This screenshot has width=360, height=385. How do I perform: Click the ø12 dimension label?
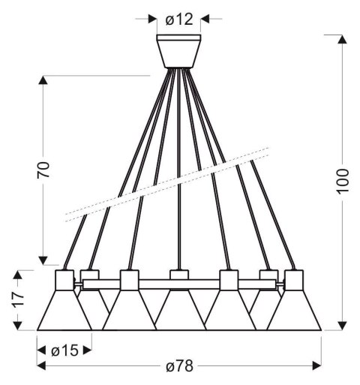178,20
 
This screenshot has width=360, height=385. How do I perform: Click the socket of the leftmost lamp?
64,280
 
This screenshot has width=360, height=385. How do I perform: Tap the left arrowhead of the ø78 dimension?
42,365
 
